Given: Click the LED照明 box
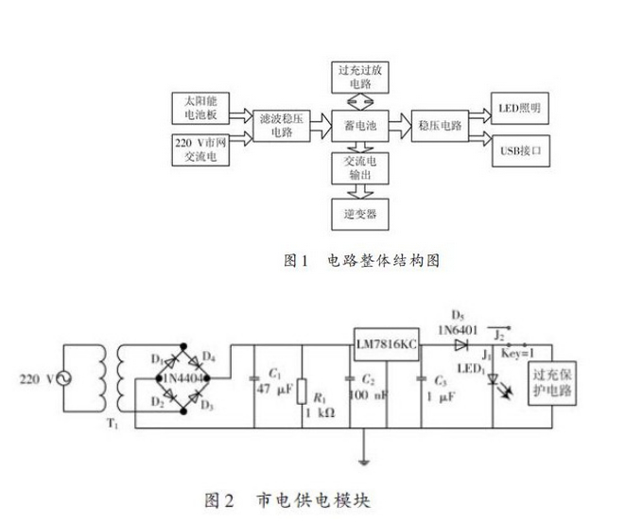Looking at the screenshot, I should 518,107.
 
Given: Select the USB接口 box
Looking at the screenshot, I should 518,150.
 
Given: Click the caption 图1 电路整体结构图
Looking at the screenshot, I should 363,259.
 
